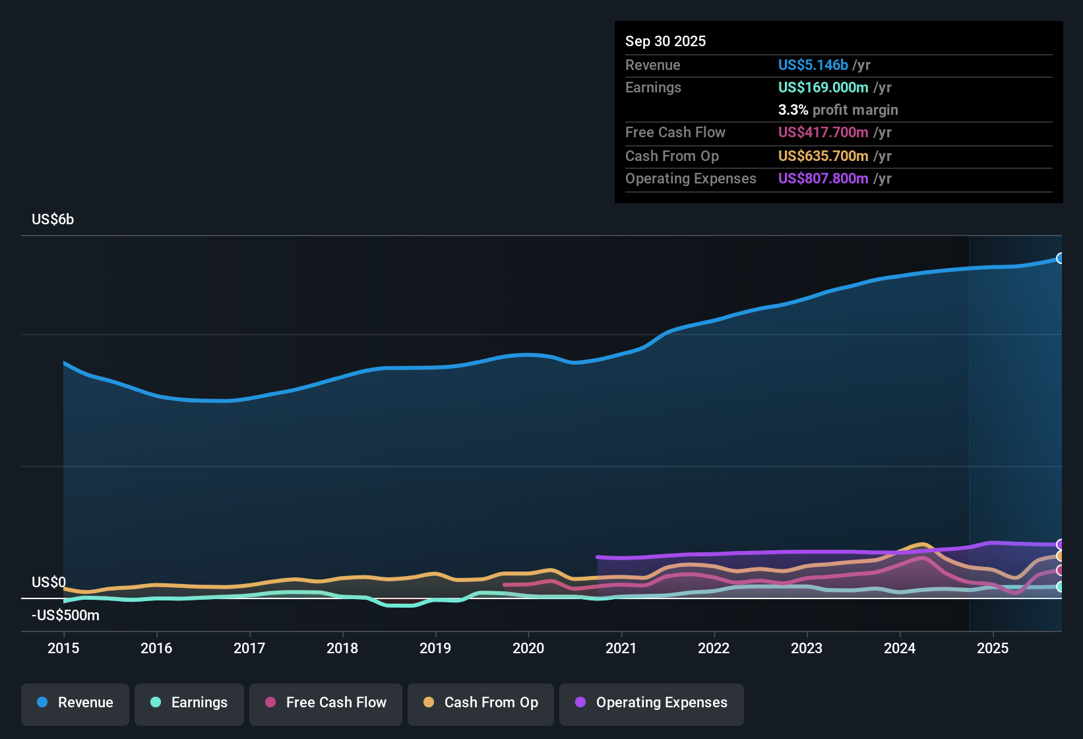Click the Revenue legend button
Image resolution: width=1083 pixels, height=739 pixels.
pos(75,703)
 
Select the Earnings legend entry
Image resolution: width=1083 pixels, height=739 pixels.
pos(189,703)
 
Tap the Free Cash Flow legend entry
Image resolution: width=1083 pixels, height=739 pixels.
pos(325,703)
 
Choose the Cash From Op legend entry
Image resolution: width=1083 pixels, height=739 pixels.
pos(480,703)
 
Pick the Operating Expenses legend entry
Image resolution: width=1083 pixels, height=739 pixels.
pos(651,703)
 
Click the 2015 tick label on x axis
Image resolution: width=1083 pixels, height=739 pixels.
pos(63,649)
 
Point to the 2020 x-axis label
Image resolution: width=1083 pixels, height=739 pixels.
pos(528,649)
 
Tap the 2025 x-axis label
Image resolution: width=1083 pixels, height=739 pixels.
pos(993,649)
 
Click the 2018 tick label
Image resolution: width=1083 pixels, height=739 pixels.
pos(342,649)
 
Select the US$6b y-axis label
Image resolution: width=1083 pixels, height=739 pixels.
pos(53,220)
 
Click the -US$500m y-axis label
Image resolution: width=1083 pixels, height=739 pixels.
pos(65,616)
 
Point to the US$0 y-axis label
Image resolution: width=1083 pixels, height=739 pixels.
pos(49,583)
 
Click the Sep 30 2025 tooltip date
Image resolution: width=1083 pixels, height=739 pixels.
pos(665,42)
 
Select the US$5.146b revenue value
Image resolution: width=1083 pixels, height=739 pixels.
pos(813,65)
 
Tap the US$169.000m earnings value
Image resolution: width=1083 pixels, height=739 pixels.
pos(822,88)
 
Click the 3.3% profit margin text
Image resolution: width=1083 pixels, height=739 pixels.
pos(838,110)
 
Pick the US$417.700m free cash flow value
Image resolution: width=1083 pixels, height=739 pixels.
pos(822,133)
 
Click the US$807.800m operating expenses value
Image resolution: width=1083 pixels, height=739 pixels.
pos(822,179)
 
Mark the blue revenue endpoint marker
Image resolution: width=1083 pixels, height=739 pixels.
pos(1061,259)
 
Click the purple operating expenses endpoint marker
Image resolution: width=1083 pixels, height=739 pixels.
pos(1061,544)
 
